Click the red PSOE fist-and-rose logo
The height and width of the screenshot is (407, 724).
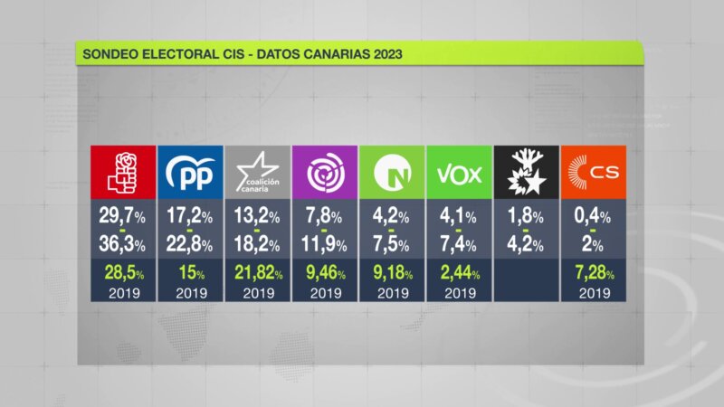click(x=122, y=171)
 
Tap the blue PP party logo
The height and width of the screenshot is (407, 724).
click(x=190, y=171)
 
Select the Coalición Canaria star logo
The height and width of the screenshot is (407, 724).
click(x=257, y=171)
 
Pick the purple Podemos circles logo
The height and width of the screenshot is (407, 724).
click(x=325, y=171)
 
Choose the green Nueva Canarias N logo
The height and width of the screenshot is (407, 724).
click(x=393, y=171)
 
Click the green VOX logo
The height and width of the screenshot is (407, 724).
click(x=460, y=171)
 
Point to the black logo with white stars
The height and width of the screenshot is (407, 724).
click(x=527, y=171)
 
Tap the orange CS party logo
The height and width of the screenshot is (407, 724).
click(x=594, y=171)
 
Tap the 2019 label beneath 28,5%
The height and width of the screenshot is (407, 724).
click(x=122, y=293)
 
